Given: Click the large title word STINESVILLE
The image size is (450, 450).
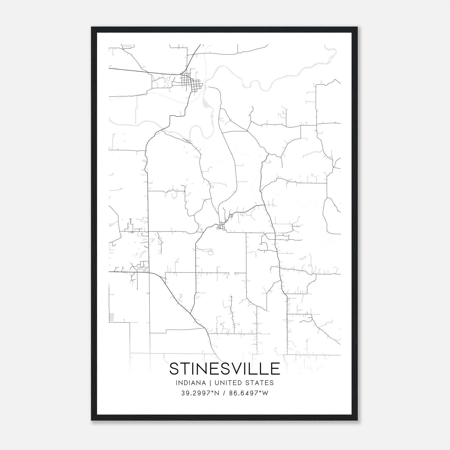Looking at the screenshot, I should [x=225, y=369].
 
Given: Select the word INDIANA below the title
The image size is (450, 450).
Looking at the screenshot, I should [x=189, y=383].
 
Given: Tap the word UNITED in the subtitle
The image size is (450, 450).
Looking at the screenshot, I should [x=228, y=383].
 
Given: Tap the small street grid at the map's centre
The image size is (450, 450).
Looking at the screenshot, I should [x=222, y=227].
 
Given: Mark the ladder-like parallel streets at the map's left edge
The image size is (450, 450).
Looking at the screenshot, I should [x=111, y=318].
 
